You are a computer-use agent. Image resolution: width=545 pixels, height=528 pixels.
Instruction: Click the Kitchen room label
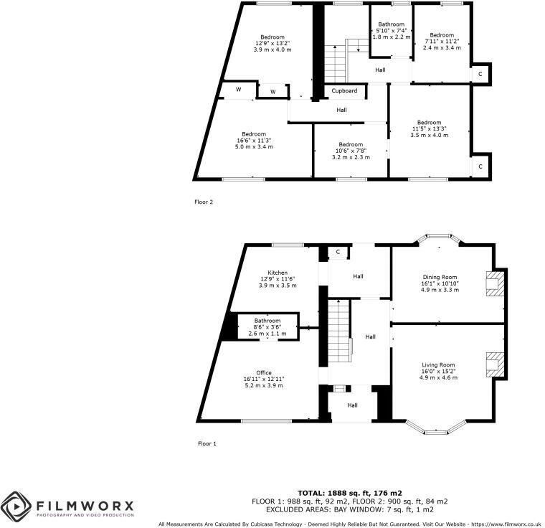(x=278, y=273)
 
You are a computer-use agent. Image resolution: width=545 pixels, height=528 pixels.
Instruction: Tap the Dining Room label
(x=439, y=277)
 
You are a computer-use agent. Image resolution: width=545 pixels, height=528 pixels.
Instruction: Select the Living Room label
(x=439, y=364)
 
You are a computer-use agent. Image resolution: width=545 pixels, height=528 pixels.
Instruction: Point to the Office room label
(x=263, y=372)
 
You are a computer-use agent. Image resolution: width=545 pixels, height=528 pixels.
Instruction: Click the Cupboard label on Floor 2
(x=344, y=91)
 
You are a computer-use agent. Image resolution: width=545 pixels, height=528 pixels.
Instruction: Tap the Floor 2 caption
(x=204, y=202)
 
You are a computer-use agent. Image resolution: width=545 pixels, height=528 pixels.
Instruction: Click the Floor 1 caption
(x=207, y=443)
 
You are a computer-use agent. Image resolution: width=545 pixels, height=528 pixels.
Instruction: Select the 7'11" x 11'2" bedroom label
(x=442, y=35)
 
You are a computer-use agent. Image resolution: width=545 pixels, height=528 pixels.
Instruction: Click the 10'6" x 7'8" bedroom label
(x=351, y=144)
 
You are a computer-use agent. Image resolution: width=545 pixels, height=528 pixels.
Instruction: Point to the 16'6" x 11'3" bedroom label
(x=254, y=134)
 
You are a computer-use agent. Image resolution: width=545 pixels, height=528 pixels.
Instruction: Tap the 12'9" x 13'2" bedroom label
(x=272, y=37)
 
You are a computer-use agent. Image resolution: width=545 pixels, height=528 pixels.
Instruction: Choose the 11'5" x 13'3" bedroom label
(x=429, y=122)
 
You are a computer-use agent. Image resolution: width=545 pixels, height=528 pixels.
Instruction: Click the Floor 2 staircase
(x=335, y=63)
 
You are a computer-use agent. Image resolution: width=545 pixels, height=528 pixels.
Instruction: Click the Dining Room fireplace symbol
(x=494, y=283)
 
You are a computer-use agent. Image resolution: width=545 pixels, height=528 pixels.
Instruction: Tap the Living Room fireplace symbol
(x=494, y=364)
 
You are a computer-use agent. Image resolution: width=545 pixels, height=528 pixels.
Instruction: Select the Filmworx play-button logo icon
(x=16, y=506)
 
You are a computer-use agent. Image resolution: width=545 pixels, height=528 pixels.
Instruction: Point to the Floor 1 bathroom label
(x=267, y=321)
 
